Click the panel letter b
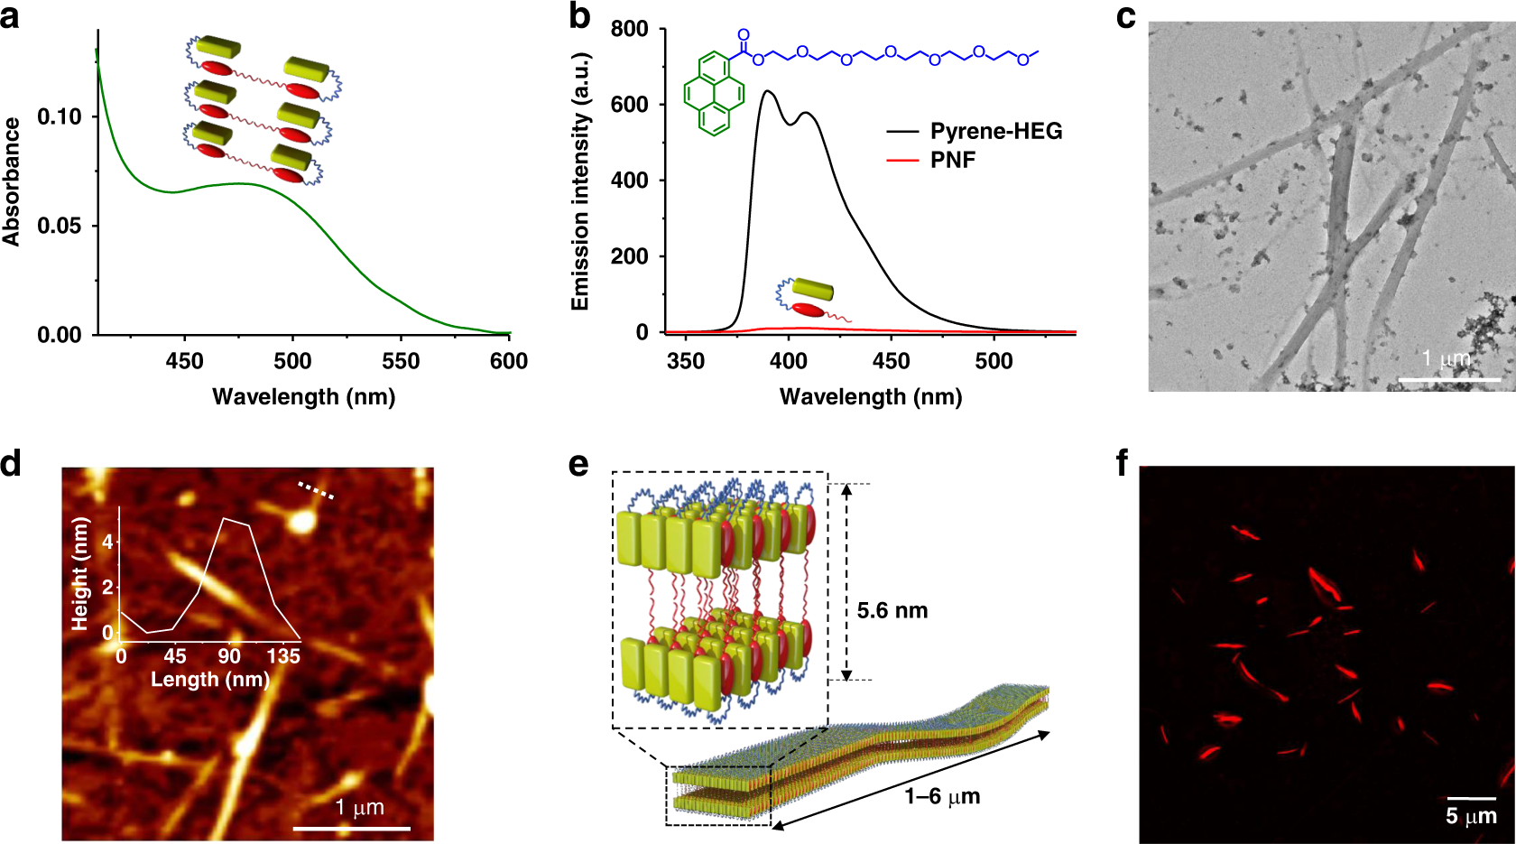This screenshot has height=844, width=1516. (x=579, y=17)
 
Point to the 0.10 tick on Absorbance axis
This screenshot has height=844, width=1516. (x=59, y=116)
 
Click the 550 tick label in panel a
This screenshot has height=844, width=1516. (x=400, y=362)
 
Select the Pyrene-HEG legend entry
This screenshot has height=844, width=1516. (x=995, y=132)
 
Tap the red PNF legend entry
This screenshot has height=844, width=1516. (x=952, y=160)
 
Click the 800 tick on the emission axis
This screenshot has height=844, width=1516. (x=629, y=29)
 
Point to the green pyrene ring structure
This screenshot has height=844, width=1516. (x=713, y=93)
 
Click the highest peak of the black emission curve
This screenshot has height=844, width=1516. (x=767, y=91)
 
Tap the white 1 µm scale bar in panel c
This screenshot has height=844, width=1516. (x=1449, y=380)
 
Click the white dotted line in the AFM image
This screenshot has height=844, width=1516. (x=317, y=490)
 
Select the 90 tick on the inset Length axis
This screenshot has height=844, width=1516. (x=229, y=656)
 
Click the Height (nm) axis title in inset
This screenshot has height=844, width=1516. (x=80, y=574)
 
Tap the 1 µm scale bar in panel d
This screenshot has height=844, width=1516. (x=352, y=828)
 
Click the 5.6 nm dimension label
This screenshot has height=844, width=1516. (x=892, y=611)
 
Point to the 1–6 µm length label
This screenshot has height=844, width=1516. (x=942, y=796)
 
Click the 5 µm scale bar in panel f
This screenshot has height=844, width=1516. (x=1471, y=798)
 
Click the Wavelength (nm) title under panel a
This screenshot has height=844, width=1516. (x=303, y=397)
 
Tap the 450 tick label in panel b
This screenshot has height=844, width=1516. (x=891, y=362)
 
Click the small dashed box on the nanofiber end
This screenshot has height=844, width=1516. (x=718, y=795)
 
